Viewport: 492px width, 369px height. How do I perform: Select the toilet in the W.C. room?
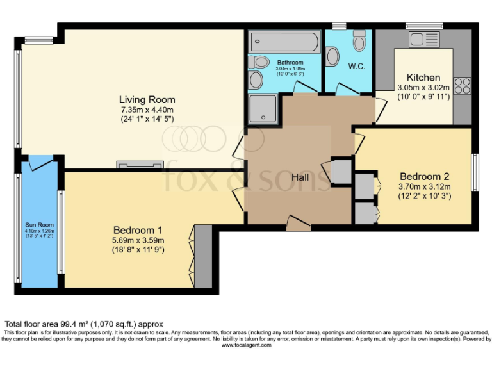(359, 42)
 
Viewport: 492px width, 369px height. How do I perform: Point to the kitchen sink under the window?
(424, 40)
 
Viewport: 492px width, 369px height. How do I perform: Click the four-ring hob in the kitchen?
(462, 85)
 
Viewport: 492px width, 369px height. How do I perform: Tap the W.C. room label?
(356, 66)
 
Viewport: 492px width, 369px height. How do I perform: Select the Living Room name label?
(147, 99)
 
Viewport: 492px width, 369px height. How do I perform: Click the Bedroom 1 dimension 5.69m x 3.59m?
(138, 240)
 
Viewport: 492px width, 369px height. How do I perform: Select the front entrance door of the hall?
(299, 224)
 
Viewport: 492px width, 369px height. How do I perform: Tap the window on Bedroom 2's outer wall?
(475, 172)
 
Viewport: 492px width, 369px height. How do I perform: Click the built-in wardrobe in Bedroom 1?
(202, 256)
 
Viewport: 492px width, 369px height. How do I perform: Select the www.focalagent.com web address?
(246, 345)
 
